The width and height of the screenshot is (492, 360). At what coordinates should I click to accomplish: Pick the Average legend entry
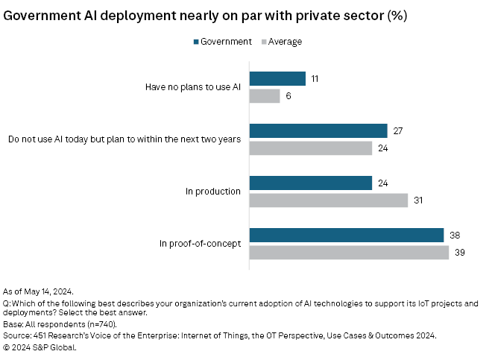click(x=283, y=42)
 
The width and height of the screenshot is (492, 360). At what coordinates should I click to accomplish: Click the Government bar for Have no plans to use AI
click(x=277, y=79)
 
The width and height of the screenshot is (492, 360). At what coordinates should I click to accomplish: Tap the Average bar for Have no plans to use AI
click(x=265, y=96)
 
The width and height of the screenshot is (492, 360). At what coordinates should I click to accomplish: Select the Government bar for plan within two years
click(x=318, y=131)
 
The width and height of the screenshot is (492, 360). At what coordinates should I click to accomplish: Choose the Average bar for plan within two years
click(x=311, y=148)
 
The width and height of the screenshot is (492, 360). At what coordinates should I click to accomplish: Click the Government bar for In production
click(x=311, y=183)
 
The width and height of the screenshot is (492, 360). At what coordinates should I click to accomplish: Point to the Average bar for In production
click(x=329, y=200)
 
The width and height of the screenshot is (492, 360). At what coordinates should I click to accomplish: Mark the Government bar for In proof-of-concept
click(x=347, y=236)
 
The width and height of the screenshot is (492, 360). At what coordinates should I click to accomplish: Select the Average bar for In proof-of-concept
click(x=349, y=253)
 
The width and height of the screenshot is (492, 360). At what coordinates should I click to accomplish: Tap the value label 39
click(x=461, y=253)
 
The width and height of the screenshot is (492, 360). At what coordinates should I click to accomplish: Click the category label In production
click(x=212, y=192)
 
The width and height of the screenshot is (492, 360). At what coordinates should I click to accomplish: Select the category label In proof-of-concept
click(x=200, y=244)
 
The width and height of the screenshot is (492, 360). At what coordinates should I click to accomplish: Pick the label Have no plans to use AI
click(x=192, y=87)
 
